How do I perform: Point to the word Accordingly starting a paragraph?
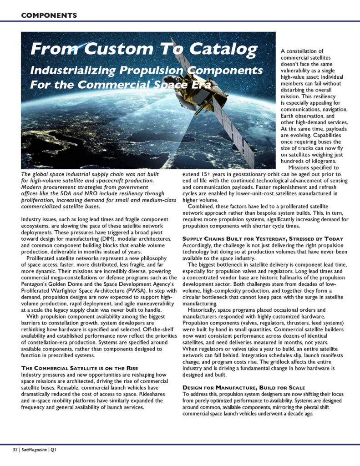coord(199,245)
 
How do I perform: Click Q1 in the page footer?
coord(53,450)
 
